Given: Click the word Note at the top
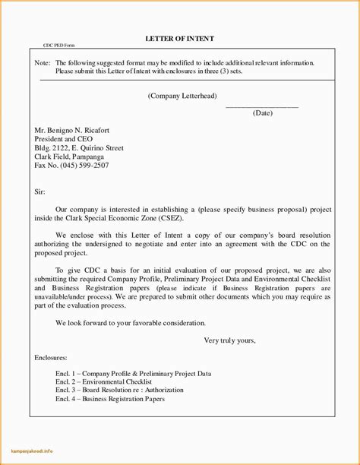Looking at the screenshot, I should pos(43,64).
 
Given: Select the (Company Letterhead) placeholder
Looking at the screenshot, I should pos(181,96).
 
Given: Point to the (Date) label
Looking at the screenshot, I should pos(262,113).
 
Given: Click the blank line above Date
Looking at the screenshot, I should pos(262,106).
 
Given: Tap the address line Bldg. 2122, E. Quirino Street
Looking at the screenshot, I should pos(79,148).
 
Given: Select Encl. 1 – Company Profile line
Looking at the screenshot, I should pos(133,374).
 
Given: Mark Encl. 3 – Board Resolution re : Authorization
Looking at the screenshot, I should pos(126,391).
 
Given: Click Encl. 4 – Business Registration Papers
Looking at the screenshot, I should pos(110,399).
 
